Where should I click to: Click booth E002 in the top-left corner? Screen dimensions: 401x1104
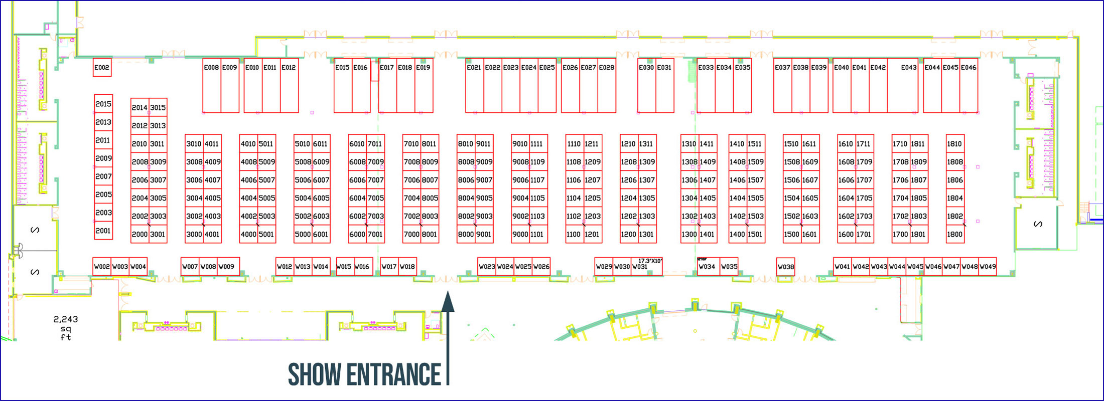click(x=102, y=68)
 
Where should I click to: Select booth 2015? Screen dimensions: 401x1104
click(x=103, y=104)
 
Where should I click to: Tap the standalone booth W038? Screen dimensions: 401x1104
click(x=785, y=267)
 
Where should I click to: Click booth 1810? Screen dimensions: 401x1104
click(x=954, y=144)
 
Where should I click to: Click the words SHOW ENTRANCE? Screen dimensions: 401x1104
click(x=364, y=374)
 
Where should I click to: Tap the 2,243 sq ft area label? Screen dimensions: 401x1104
click(x=66, y=328)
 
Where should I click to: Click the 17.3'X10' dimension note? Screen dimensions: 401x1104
click(x=650, y=261)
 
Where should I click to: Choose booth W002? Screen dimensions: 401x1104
click(x=102, y=267)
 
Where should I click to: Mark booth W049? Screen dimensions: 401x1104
click(x=988, y=267)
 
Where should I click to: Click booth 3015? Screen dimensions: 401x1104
click(x=158, y=107)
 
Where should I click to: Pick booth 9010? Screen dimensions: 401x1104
click(x=520, y=144)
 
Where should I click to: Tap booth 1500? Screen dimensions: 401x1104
click(x=791, y=234)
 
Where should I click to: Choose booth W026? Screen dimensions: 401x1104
click(x=541, y=267)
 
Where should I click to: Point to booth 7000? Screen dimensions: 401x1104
click(x=411, y=234)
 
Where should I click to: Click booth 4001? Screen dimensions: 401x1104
click(x=212, y=234)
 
